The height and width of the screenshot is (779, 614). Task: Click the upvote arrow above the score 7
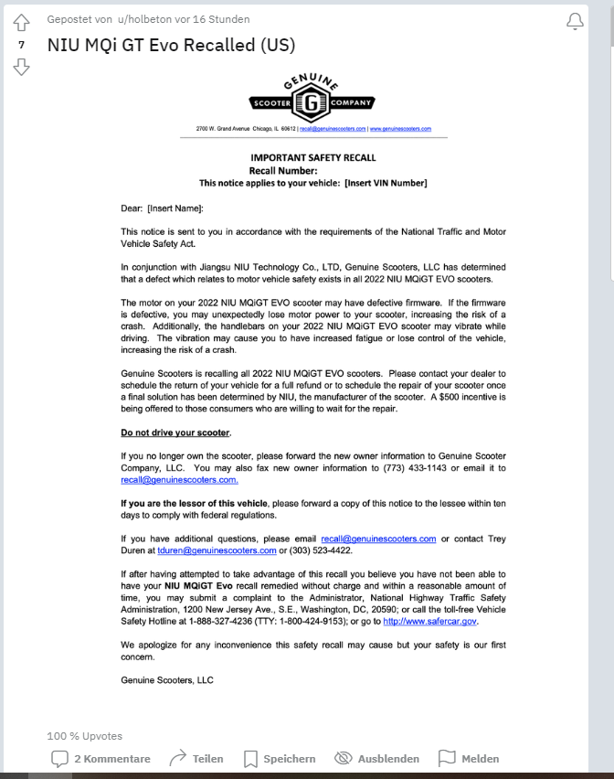coord(22,22)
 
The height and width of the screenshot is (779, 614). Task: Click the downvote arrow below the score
coord(22,66)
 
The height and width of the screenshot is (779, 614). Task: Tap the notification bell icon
coord(575,21)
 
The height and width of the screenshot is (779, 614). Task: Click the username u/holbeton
coord(150,19)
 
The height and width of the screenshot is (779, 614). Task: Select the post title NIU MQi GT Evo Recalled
coord(171,45)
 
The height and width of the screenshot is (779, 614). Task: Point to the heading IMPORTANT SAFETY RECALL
coord(313,157)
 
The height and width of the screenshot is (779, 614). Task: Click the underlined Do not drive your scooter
coord(175,432)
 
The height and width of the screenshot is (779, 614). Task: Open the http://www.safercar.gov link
coord(429,622)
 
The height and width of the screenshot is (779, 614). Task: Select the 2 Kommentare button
coord(101,758)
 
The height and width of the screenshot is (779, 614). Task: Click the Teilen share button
coord(196,758)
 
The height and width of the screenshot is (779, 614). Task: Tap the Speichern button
coord(280,758)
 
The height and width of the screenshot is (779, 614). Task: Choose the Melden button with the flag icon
coord(469,758)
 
